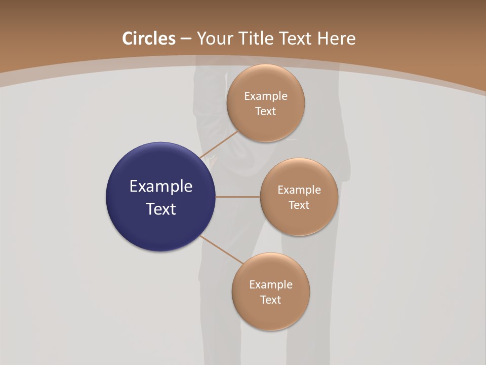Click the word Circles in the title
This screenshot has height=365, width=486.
point(149,39)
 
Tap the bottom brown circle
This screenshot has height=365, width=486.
point(271,314)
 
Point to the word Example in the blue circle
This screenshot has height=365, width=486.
point(161,187)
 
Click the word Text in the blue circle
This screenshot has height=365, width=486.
point(161,209)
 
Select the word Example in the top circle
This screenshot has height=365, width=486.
point(266,96)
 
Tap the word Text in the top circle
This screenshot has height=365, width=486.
point(266,112)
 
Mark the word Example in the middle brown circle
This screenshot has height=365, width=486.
point(299,190)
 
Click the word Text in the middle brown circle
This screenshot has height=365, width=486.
point(299,205)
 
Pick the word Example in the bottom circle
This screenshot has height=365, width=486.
point(271,285)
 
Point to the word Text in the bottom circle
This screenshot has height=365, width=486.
point(271,300)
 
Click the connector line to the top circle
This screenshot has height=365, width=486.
point(219,144)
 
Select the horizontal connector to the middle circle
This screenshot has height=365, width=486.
point(238,197)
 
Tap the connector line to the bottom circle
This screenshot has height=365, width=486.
point(223,250)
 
